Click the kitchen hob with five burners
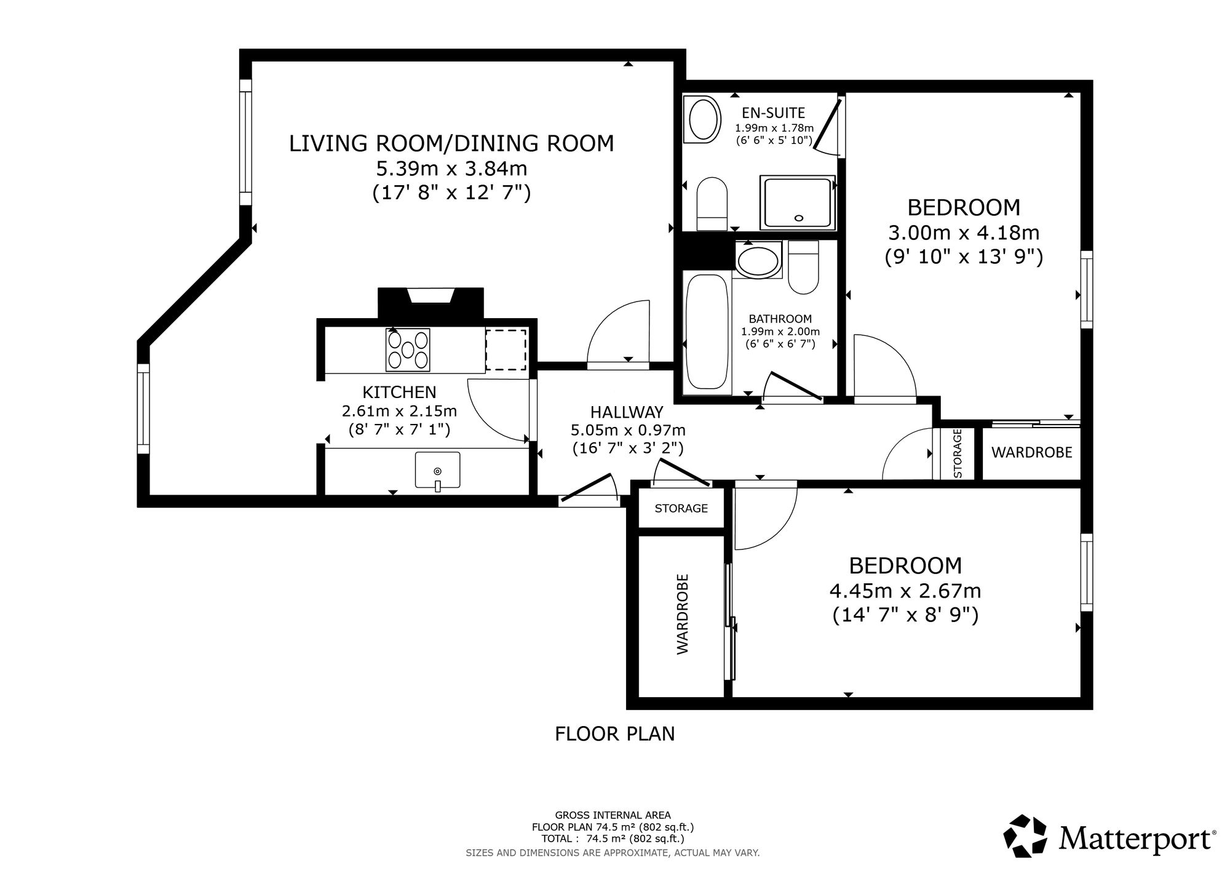408,350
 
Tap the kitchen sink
437,471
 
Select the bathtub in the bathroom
708,332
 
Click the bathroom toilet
803,268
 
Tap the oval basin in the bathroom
758,260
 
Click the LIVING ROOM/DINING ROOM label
451,143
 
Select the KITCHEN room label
399,392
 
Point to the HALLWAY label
627,412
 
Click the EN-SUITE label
774,113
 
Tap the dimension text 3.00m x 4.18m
964,233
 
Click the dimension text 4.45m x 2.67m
905,591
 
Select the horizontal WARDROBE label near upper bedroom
1031,453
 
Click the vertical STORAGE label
958,453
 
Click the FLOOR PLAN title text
615,734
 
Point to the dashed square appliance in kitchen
506,350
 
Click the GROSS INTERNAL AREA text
613,815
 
